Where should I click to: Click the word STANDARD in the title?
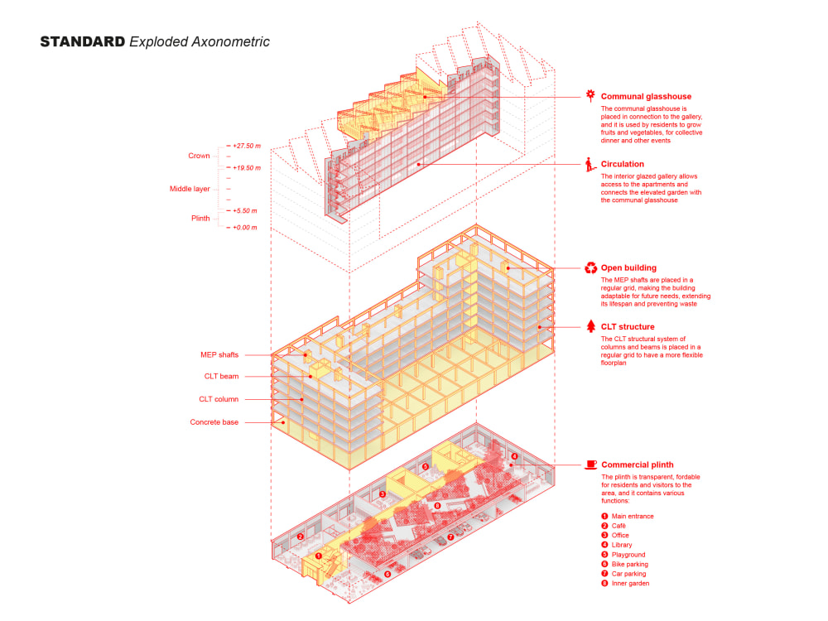tap(83, 41)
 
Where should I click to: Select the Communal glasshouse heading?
tap(646, 96)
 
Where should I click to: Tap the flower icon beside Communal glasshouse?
tap(590, 95)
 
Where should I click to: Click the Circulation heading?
tap(623, 164)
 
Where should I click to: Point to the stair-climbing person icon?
tap(590, 164)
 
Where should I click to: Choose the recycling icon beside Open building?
tap(590, 268)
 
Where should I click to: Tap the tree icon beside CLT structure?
tap(590, 326)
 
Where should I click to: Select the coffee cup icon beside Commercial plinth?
tap(590, 465)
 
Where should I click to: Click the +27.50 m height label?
tap(247, 147)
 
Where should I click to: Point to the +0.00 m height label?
tap(245, 228)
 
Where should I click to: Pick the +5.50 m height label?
tap(245, 211)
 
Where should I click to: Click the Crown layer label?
tap(199, 156)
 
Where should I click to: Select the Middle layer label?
tap(190, 190)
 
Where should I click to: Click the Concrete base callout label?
tap(214, 422)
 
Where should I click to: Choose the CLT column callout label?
tap(218, 399)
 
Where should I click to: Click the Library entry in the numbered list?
tap(622, 545)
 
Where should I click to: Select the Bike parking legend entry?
tap(629, 564)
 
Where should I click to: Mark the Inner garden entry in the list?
tap(630, 583)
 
